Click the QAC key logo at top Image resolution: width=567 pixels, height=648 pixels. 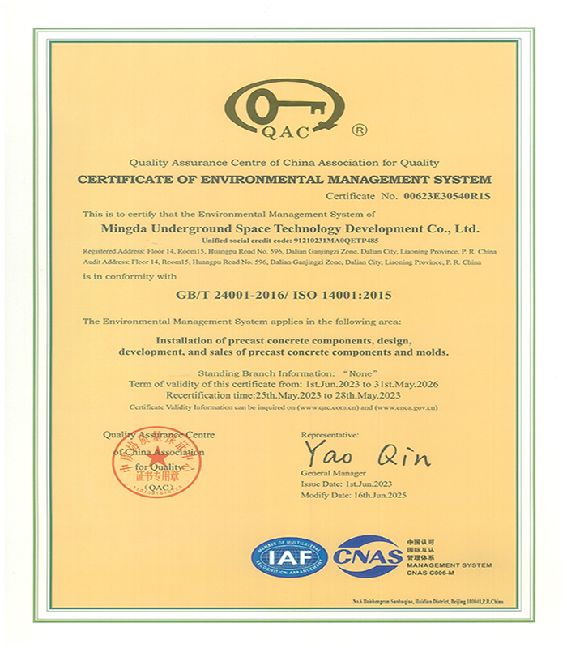point(284,111)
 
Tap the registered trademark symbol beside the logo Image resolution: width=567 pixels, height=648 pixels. point(360,129)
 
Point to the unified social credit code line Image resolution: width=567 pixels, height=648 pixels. point(283,241)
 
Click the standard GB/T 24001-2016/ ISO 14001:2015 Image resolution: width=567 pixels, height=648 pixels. point(283,295)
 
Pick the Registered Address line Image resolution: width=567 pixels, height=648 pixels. point(289,252)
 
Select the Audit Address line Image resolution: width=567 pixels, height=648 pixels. point(283,262)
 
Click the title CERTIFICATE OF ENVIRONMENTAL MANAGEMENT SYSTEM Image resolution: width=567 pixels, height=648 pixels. point(283,179)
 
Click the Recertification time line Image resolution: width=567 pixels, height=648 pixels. point(283,394)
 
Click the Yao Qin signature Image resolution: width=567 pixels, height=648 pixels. point(367,454)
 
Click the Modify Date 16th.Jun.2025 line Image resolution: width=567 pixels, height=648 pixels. point(353,494)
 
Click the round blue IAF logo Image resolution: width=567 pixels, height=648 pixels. point(289,558)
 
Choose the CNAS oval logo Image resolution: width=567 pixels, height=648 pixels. point(369,556)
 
